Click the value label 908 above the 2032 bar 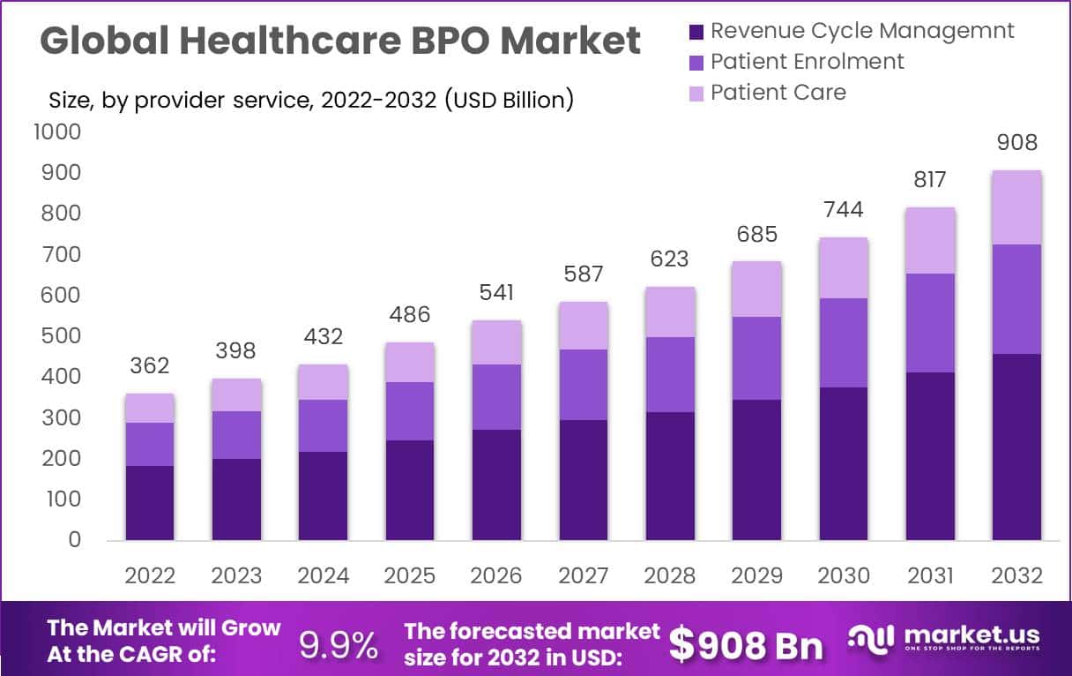click(x=1017, y=143)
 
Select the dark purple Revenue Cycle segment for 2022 click(x=149, y=503)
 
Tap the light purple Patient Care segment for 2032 click(x=1017, y=207)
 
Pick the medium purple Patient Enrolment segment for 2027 click(x=584, y=385)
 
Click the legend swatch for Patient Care click(x=696, y=94)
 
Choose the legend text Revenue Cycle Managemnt click(x=862, y=31)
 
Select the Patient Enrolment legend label click(x=807, y=62)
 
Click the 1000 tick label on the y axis click(x=56, y=132)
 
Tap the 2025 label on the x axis click(x=410, y=576)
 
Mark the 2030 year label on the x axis click(x=844, y=576)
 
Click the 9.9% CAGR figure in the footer click(x=338, y=645)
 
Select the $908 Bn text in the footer click(x=746, y=645)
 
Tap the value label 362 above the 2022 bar click(x=149, y=365)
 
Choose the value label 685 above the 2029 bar click(x=756, y=234)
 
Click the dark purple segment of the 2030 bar click(x=844, y=463)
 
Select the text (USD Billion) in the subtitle click(x=509, y=101)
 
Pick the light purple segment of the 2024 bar click(x=323, y=382)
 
